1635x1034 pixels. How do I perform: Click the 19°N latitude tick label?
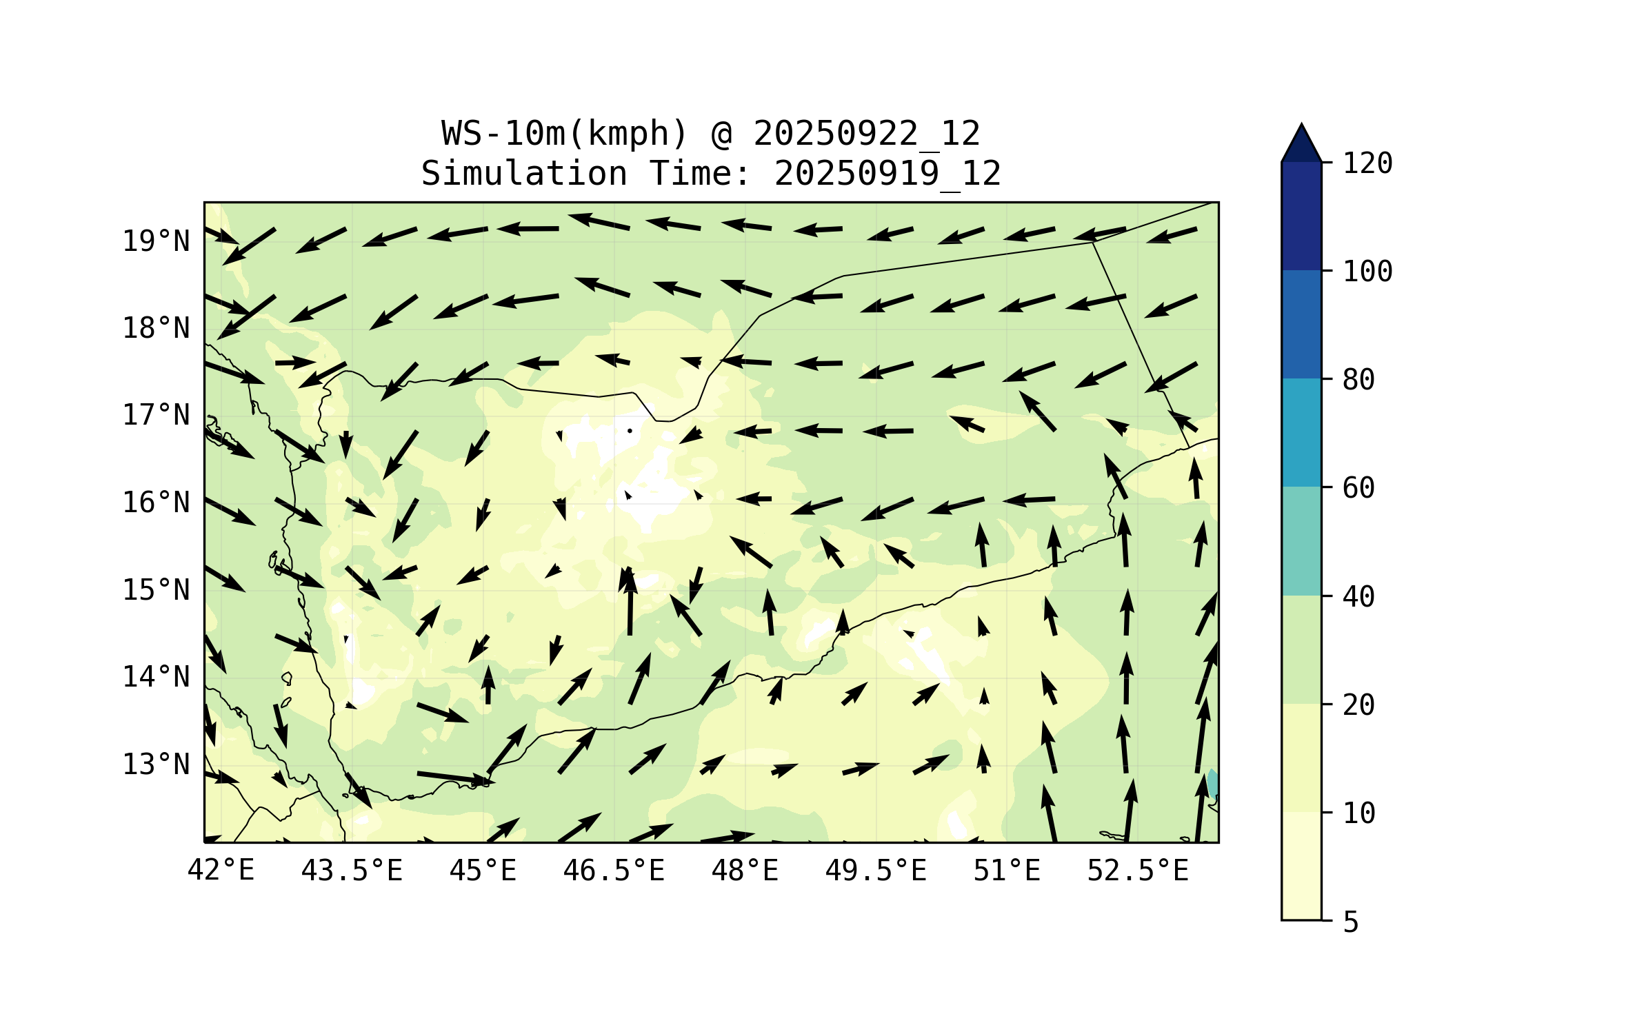point(156,241)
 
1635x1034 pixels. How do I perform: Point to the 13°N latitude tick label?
point(156,764)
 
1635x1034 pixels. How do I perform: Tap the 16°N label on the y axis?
point(156,503)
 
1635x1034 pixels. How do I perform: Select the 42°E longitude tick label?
point(221,871)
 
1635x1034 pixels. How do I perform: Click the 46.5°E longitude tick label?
point(614,871)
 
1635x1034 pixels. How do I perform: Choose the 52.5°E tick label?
point(1138,871)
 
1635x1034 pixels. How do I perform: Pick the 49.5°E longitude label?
point(876,871)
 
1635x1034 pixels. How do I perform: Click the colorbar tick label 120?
point(1367,163)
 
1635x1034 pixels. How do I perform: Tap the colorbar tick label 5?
point(1351,922)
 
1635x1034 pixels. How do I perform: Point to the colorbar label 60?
point(1358,488)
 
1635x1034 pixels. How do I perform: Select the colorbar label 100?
point(1367,272)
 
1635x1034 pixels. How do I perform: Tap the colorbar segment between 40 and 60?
point(1301,541)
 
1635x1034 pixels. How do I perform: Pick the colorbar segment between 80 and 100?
point(1301,324)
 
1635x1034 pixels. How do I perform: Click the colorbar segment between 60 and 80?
point(1301,432)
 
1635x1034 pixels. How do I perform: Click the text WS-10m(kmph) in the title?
point(565,133)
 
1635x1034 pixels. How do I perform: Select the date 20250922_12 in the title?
point(866,133)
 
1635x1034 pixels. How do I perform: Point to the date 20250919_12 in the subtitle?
point(887,173)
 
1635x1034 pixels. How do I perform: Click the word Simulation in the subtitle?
point(524,173)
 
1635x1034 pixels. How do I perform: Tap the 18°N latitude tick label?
point(156,328)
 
